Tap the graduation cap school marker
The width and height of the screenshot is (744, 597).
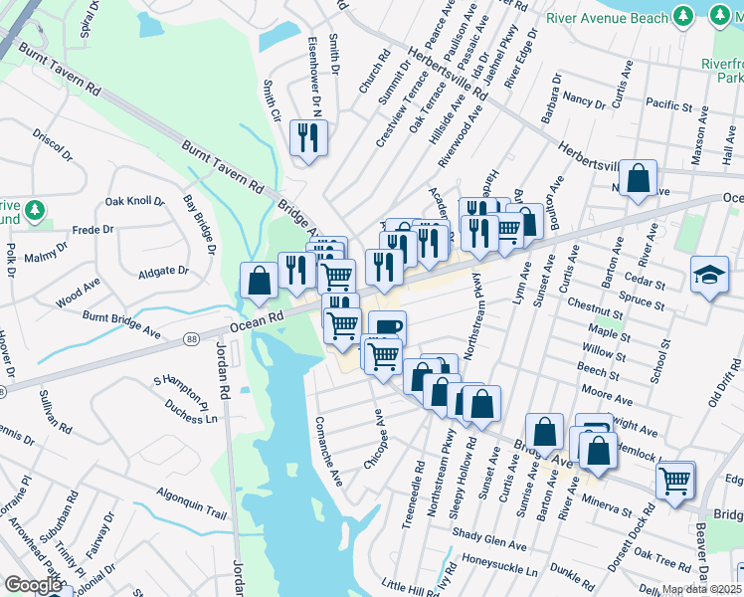coord(709,276)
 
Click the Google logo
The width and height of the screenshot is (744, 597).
coord(33,585)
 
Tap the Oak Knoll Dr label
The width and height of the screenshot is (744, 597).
coord(134,201)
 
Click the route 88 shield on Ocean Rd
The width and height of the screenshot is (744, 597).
coord(190,341)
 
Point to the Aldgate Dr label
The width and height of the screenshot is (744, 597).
coord(163,271)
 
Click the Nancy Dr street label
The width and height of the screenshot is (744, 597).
coord(584,99)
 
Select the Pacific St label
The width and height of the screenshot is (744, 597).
coord(668,103)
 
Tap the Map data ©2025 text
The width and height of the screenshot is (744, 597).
coord(700,589)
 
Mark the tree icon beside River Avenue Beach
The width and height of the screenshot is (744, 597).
coord(682,16)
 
